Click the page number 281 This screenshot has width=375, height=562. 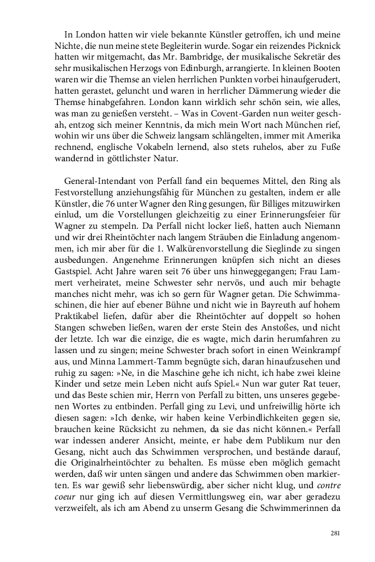[x=335, y=534]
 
